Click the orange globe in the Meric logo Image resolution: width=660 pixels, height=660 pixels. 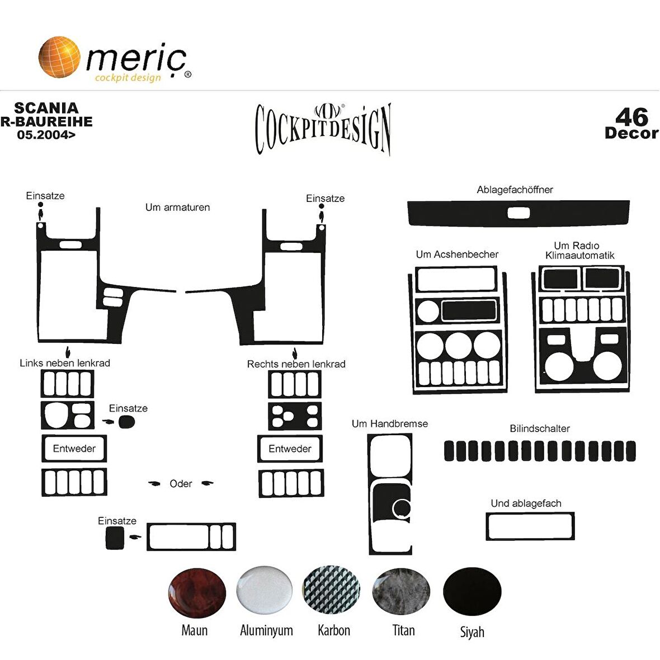point(59,57)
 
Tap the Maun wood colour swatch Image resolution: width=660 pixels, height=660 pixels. point(197,593)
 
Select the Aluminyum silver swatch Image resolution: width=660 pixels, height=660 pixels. point(265,590)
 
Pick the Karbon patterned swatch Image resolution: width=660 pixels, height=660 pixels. point(332,590)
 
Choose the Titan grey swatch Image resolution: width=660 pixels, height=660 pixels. point(401,591)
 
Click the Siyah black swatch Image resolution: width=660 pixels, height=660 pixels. point(472,591)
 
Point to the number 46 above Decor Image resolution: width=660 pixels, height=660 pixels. point(632,117)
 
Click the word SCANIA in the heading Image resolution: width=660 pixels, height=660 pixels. point(46,108)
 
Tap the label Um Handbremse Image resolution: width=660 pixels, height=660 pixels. point(390,423)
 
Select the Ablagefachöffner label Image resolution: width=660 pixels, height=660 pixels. point(515,190)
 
